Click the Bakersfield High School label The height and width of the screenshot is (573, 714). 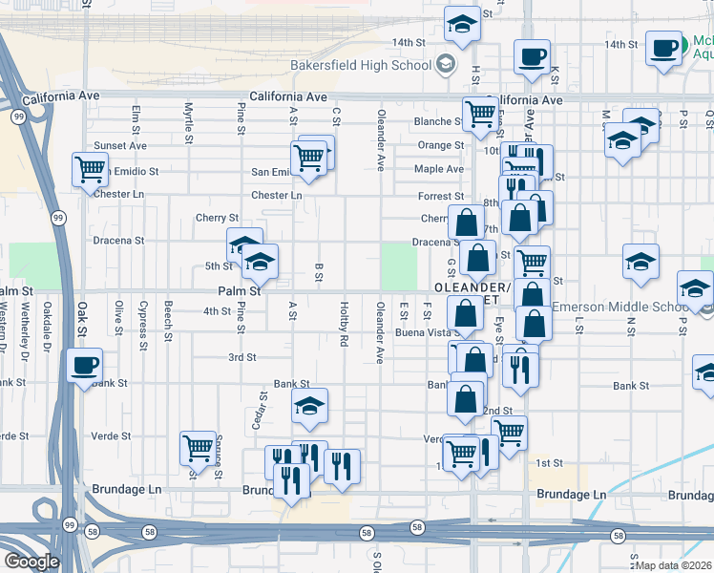click(x=361, y=66)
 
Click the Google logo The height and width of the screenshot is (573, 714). click(x=31, y=562)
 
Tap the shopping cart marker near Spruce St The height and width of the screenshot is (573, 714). click(x=198, y=447)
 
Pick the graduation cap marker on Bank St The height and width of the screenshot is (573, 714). click(x=309, y=406)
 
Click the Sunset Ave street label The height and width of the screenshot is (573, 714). click(x=120, y=146)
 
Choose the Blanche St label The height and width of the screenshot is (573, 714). click(x=437, y=122)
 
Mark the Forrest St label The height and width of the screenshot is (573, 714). click(x=441, y=196)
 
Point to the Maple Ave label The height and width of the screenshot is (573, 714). click(x=439, y=169)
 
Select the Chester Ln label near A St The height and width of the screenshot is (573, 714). click(x=277, y=195)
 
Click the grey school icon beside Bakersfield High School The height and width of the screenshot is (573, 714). click(x=444, y=65)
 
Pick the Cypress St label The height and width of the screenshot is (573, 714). click(x=142, y=321)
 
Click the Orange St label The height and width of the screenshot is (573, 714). click(x=440, y=146)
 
